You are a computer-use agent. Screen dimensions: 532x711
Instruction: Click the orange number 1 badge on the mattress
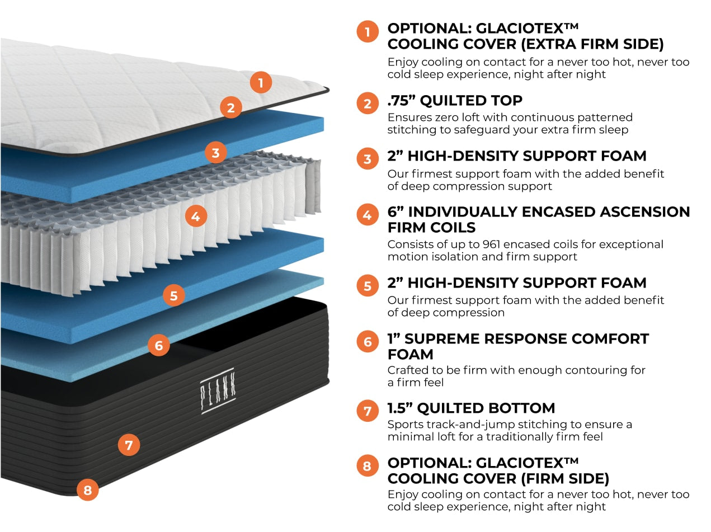261,83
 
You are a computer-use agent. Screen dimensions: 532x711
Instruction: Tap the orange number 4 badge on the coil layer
195,215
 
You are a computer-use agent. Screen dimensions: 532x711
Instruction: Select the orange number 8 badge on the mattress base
87,491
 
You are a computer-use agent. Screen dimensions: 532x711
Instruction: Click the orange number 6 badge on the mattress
159,346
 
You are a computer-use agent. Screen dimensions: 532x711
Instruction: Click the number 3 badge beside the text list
368,159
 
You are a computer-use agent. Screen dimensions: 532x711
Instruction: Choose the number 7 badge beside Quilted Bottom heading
368,411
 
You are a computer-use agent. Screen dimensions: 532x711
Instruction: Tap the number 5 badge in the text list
368,286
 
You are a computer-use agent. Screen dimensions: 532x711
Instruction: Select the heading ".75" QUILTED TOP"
455,101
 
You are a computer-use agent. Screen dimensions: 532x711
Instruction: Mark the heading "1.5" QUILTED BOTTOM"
471,408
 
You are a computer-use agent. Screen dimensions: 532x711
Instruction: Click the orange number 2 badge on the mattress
230,108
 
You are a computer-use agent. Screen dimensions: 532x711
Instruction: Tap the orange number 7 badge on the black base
129,445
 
